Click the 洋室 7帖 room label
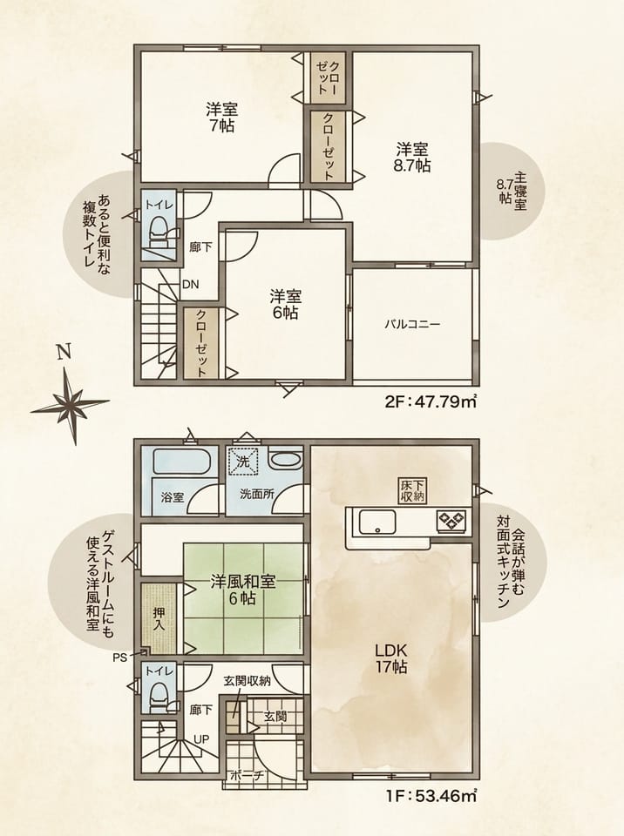click(221, 118)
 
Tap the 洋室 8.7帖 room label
click(411, 157)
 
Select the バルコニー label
click(412, 324)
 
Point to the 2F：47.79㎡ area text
click(431, 401)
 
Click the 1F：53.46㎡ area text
click(431, 796)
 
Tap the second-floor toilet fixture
click(160, 233)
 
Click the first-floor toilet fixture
click(160, 698)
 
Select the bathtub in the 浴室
click(180, 461)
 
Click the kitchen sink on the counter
click(377, 522)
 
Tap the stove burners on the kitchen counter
click(451, 521)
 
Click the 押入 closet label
click(159, 618)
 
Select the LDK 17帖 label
click(391, 658)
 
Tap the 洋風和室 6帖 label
click(243, 590)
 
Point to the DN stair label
click(191, 285)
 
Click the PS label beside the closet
click(120, 657)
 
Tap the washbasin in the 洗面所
click(285, 460)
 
